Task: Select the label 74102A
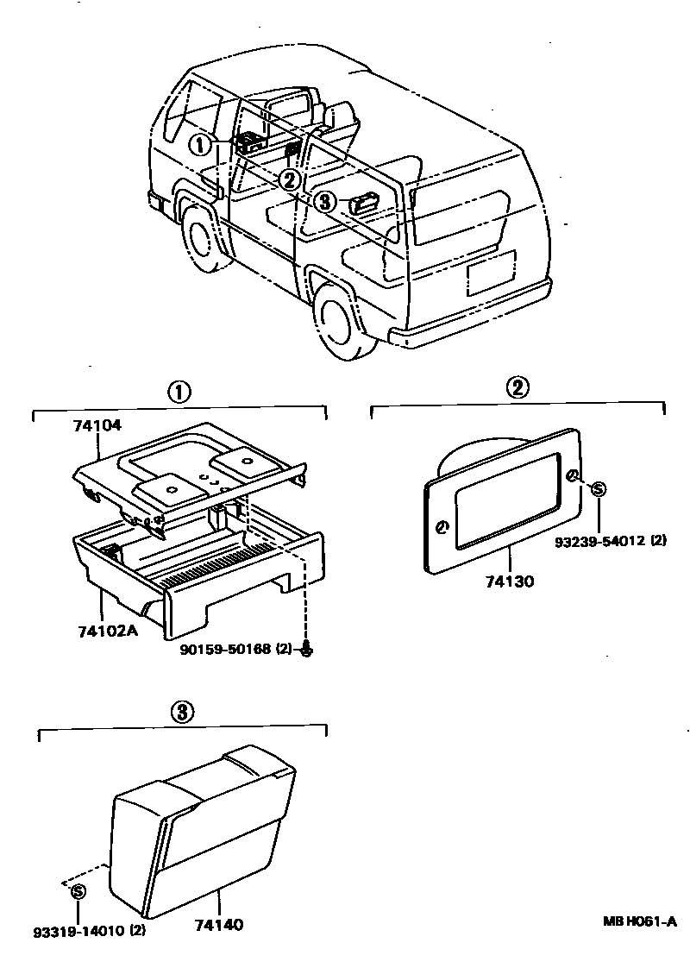coord(108,629)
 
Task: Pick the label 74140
coord(219,925)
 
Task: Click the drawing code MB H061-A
coord(639,921)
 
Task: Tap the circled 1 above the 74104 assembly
coord(178,393)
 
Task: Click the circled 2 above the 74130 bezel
coord(517,387)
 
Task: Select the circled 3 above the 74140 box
coord(181,712)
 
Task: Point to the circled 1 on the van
coord(200,144)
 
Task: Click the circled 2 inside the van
coord(289,179)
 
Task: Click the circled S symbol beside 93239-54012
coord(598,489)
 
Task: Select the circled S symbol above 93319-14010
coord(78,891)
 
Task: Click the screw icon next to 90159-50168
coord(308,650)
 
